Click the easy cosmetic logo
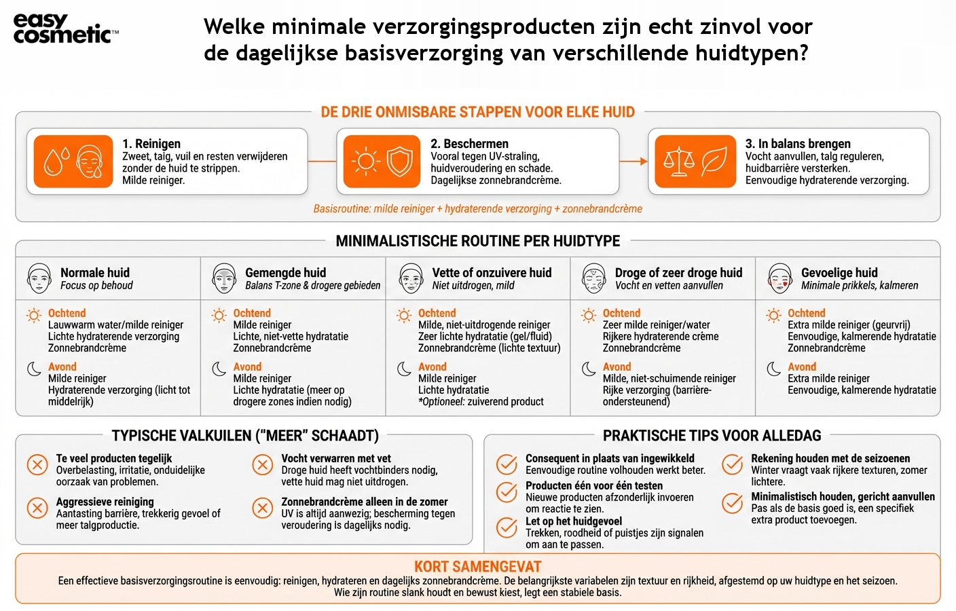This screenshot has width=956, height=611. tap(65, 29)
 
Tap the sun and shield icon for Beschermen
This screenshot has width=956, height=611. tap(382, 162)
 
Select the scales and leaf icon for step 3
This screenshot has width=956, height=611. tap(695, 162)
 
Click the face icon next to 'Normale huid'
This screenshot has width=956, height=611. tap(39, 278)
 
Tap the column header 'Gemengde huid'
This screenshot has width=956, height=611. tap(285, 272)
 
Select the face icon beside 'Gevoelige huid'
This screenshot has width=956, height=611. tap(779, 278)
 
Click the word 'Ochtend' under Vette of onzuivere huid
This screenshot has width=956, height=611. tap(437, 313)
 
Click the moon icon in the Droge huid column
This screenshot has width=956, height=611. tap(589, 369)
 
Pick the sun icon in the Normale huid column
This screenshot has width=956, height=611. tap(33, 315)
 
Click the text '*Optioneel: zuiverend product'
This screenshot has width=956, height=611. tap(481, 401)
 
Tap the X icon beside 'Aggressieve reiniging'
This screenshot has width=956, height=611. tap(37, 507)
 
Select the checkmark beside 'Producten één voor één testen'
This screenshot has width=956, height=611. tap(507, 492)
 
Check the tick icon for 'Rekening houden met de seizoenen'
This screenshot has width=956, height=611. tap(732, 464)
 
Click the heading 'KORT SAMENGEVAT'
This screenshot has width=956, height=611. tap(477, 566)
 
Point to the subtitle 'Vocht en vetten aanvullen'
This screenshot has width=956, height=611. tap(669, 286)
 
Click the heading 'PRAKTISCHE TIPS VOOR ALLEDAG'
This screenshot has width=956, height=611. tap(712, 436)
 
